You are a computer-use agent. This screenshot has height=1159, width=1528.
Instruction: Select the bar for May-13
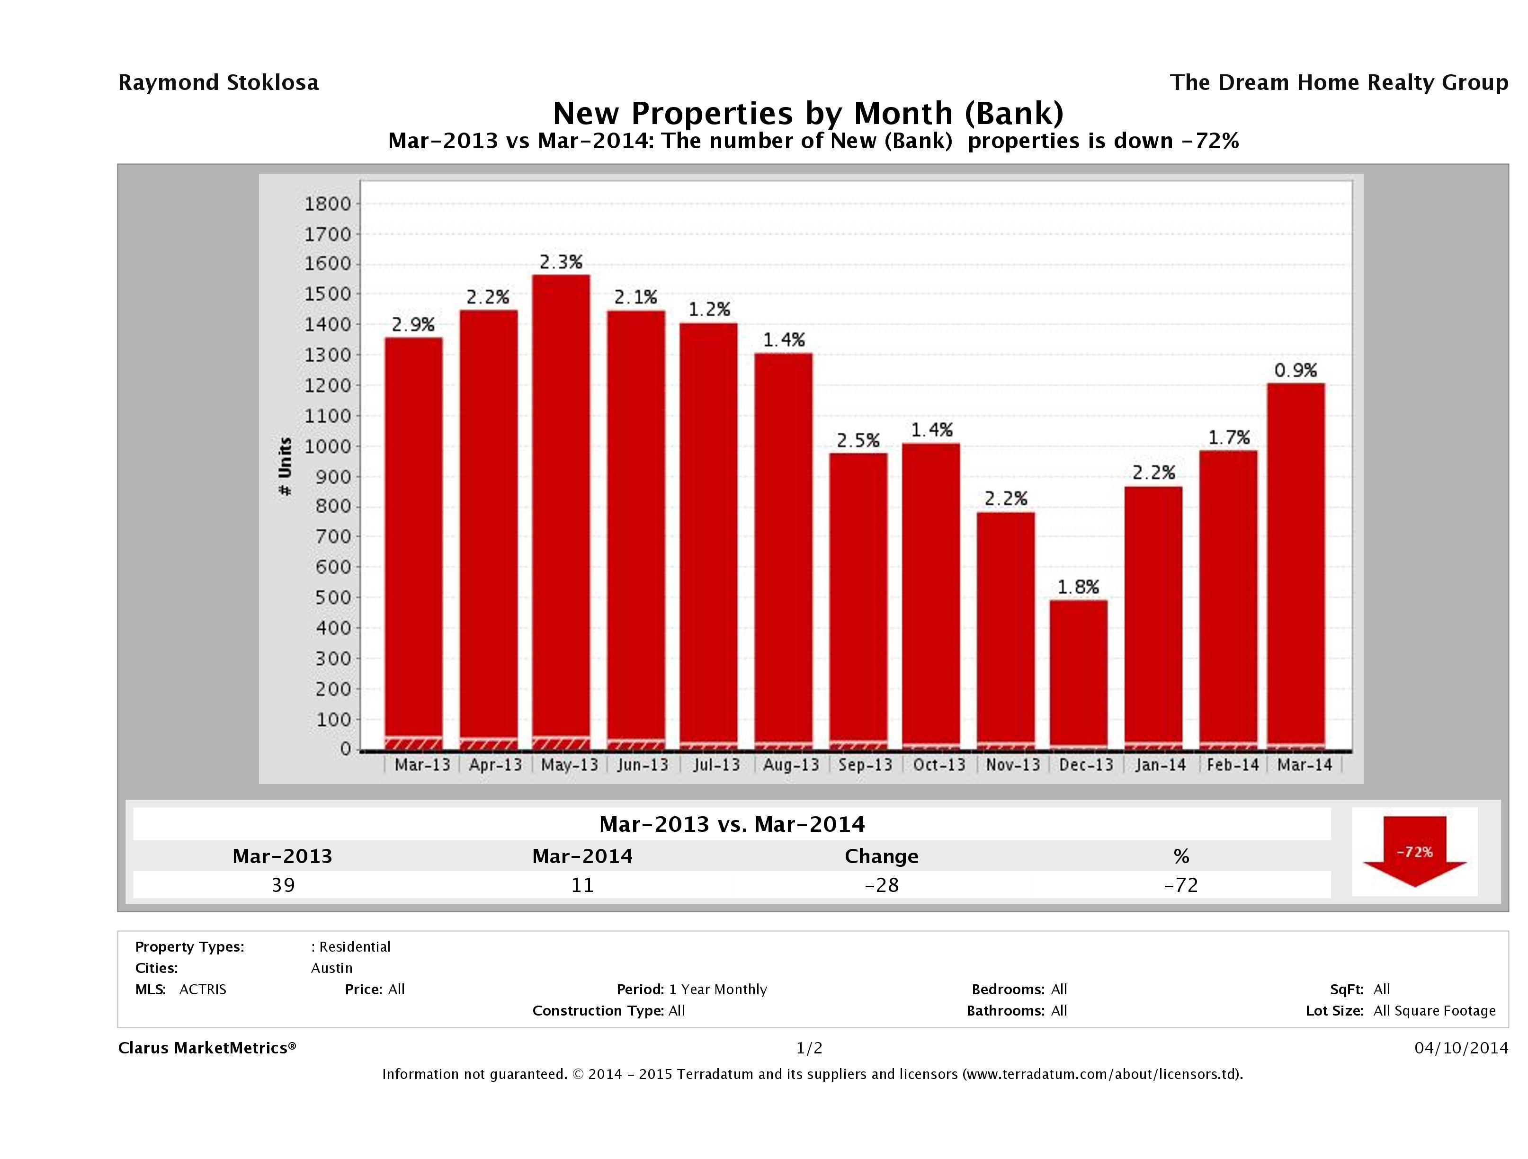[x=561, y=511]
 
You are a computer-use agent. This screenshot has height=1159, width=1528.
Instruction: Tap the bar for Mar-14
[x=1296, y=566]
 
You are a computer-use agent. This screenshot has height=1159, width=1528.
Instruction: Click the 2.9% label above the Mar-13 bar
[x=413, y=325]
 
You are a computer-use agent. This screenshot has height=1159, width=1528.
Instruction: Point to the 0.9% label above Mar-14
[x=1296, y=371]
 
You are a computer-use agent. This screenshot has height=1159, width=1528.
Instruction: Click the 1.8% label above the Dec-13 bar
[x=1078, y=587]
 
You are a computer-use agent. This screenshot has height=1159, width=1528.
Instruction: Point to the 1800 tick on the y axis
[x=328, y=204]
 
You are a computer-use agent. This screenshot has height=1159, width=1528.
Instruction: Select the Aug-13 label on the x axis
[x=791, y=765]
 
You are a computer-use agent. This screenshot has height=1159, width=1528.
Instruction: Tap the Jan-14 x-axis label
[x=1160, y=765]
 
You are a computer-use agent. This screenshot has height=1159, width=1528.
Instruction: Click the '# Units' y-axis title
[x=285, y=467]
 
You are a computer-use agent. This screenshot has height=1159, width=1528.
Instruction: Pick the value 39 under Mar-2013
[x=283, y=885]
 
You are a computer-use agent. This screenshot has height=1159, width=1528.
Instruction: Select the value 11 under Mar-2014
[x=582, y=885]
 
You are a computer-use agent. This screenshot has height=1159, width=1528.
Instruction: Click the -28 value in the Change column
[x=882, y=885]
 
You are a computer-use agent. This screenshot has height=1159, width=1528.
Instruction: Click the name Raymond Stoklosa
[x=218, y=83]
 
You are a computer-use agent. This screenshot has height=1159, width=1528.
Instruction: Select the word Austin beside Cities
[x=331, y=968]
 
